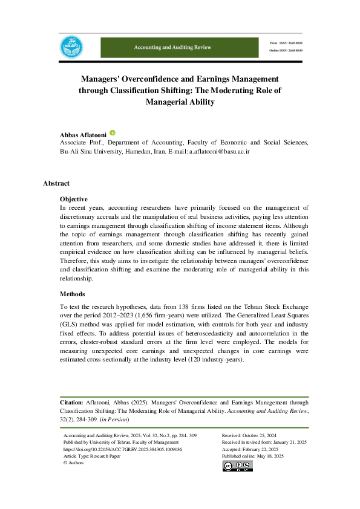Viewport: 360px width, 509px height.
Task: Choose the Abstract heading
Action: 56,183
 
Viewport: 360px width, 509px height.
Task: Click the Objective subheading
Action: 74,199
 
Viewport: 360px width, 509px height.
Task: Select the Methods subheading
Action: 73,293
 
